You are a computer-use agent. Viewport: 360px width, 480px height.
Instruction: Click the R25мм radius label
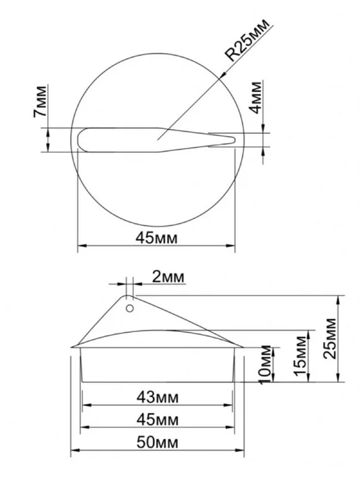[248, 40]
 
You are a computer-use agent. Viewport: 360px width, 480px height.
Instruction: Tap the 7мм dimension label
[40, 102]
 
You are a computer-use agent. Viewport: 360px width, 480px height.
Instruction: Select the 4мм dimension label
[256, 98]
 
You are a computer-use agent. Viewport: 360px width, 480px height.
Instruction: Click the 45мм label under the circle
[156, 238]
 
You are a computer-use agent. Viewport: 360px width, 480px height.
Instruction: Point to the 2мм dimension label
[168, 277]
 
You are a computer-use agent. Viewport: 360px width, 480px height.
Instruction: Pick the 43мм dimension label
[158, 398]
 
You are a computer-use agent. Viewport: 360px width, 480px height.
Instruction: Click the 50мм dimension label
[158, 442]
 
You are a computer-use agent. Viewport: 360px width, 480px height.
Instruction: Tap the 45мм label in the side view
[158, 420]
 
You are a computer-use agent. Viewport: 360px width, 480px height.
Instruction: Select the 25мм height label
[330, 338]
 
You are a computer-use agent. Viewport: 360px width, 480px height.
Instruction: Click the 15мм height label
[300, 356]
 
